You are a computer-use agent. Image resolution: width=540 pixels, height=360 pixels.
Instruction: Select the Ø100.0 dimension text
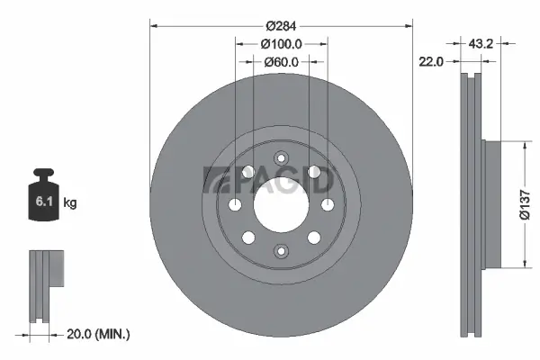coord(281,43)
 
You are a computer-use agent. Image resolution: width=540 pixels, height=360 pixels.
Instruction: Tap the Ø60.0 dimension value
coord(281,61)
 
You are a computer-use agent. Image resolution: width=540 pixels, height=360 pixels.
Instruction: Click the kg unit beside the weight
coord(70,203)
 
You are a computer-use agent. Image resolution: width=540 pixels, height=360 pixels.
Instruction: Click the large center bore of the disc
coord(281,204)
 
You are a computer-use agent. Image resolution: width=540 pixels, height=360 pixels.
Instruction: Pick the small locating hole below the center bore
coord(281,254)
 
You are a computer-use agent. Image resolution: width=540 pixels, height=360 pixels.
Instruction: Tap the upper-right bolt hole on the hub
coord(313,171)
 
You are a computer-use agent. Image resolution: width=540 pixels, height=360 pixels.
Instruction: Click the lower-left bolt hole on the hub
coord(248,238)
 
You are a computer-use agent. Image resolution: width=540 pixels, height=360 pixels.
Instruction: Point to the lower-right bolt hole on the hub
coord(313,238)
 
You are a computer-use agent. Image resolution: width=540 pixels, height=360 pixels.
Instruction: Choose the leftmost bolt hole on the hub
coord(236,205)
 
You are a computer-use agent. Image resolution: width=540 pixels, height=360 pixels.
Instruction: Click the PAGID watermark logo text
coord(270,180)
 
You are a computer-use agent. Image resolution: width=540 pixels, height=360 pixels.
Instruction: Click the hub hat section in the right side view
coord(490,204)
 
